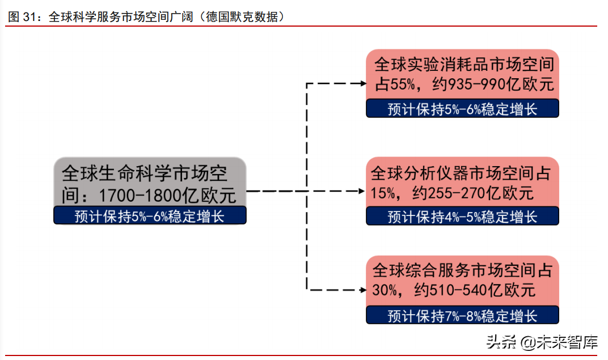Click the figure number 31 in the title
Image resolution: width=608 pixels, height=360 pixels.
29,17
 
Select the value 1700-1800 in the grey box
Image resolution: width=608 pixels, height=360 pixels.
138,196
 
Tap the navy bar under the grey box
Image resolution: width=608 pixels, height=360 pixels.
150,216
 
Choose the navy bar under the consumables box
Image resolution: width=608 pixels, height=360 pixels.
462,108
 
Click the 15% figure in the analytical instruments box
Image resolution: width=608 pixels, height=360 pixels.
383,193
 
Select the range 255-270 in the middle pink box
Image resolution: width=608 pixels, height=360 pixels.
460,193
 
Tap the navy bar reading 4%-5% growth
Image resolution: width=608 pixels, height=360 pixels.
462,216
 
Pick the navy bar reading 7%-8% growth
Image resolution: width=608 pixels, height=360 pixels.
462,315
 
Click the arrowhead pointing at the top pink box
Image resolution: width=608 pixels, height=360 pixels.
362,83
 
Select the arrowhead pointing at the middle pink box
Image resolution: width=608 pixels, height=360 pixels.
362,192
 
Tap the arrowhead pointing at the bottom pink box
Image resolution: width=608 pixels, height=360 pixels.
362,290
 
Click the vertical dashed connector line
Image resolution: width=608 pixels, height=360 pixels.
306,142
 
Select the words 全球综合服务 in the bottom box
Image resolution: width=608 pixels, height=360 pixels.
419,270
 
